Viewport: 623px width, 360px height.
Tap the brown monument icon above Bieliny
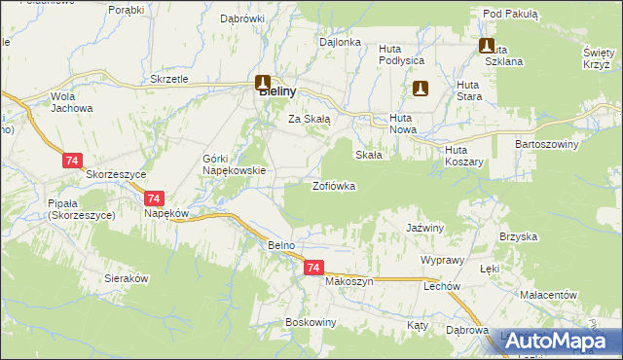click(263, 83)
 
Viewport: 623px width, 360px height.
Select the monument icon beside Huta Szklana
click(486, 45)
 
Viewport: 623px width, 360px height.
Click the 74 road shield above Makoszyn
click(312, 267)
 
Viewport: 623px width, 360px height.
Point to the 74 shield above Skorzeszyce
click(72, 160)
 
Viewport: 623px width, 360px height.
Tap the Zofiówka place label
click(333, 185)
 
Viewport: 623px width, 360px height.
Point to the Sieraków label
click(127, 278)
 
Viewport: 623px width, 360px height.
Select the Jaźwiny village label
click(424, 228)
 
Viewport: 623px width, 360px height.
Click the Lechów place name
click(441, 287)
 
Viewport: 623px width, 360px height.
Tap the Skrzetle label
click(169, 79)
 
